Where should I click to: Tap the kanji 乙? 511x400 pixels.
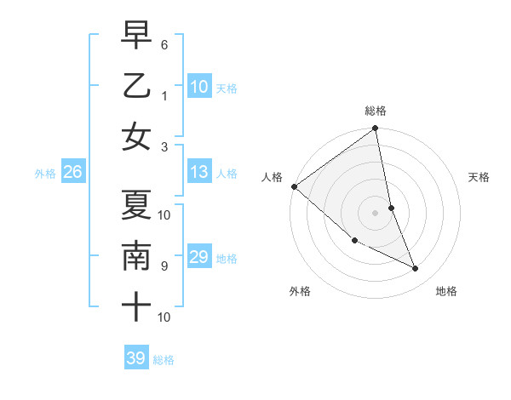click(x=136, y=86)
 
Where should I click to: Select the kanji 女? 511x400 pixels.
click(x=136, y=137)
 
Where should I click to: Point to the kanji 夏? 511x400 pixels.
click(x=136, y=205)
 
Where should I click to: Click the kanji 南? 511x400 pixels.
click(x=136, y=256)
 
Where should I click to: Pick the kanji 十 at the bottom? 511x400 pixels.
click(x=136, y=307)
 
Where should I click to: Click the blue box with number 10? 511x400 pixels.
click(x=199, y=86)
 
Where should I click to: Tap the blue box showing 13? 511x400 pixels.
click(x=199, y=172)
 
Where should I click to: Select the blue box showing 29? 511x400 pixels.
click(x=199, y=257)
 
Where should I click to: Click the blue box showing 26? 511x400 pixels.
click(x=72, y=172)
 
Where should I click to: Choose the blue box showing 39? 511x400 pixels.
click(x=136, y=358)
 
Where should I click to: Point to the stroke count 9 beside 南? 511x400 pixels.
click(x=164, y=266)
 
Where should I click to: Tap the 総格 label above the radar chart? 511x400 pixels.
click(x=376, y=111)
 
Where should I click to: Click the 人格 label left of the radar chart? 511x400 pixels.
click(x=272, y=177)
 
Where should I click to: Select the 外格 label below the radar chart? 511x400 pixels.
click(x=300, y=291)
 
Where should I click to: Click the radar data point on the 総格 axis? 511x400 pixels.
click(x=376, y=129)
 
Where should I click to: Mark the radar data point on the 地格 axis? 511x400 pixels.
click(x=416, y=269)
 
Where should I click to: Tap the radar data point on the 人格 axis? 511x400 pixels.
click(x=294, y=186)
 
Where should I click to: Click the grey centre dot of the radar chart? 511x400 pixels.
click(x=376, y=213)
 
